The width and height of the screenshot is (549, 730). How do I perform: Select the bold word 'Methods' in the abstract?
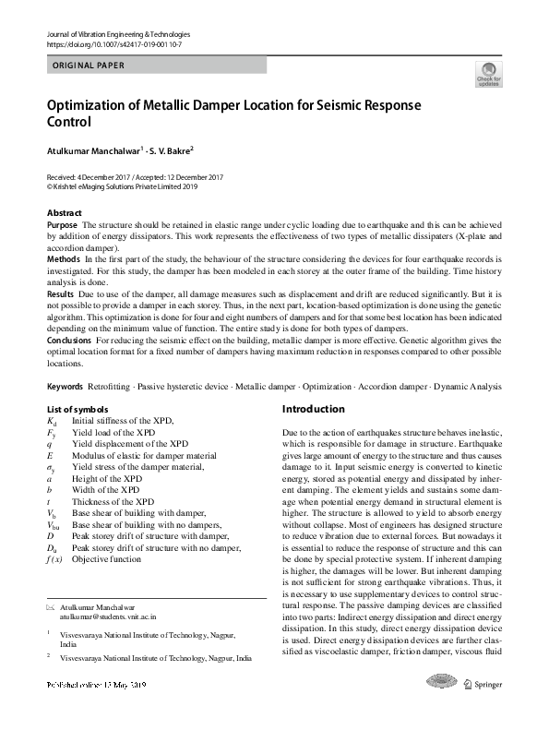point(64,261)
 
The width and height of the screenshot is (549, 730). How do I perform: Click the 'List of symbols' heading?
point(78,409)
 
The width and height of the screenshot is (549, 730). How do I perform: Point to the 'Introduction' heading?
point(314,409)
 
